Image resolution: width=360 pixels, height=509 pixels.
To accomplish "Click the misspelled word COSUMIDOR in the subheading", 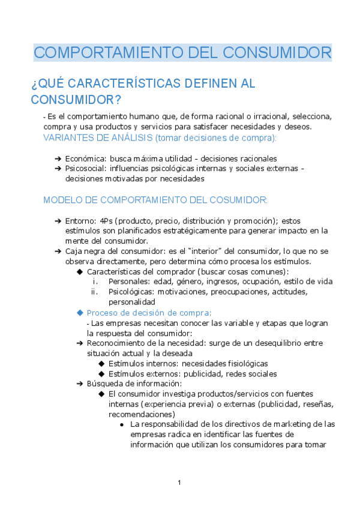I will click(236, 200).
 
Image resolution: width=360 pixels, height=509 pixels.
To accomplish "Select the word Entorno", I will click(80, 221).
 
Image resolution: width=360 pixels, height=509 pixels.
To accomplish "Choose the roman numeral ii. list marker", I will click(95, 292).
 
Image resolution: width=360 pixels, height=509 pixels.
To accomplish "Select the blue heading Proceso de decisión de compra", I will click(149, 313).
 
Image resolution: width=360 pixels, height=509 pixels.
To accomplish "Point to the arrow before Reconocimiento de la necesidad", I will click(80, 343).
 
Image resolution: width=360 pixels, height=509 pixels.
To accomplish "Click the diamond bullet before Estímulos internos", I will click(101, 364).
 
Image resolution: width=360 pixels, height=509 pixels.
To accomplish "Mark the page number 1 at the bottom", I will click(179, 484).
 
